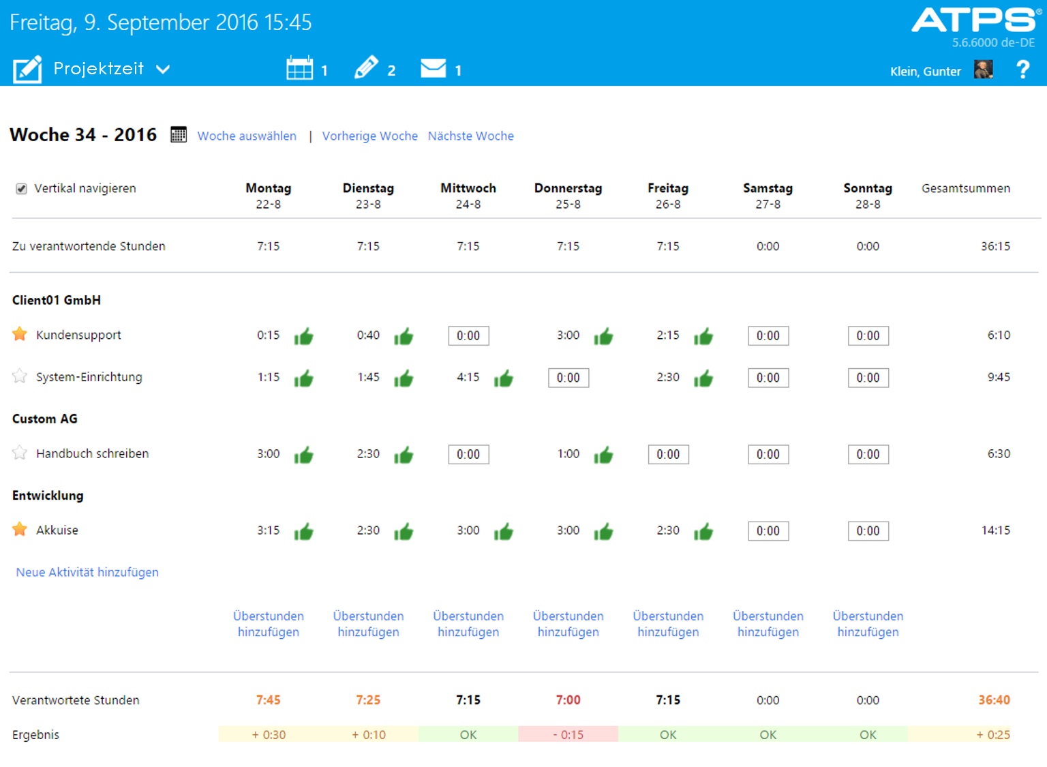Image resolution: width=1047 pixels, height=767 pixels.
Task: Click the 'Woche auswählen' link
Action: (x=247, y=136)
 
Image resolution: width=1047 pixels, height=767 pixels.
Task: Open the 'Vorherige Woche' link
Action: (x=369, y=136)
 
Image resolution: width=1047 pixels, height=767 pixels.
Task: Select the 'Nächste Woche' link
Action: (x=470, y=136)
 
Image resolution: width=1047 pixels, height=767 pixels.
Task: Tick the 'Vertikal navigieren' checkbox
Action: (x=22, y=189)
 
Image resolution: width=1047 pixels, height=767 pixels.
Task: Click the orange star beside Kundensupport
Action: (x=20, y=334)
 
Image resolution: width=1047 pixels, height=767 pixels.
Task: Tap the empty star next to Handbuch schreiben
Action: (x=20, y=453)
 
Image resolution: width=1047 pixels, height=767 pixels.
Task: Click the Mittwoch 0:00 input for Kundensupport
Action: (x=468, y=335)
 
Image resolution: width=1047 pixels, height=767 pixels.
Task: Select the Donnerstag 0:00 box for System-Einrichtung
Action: (x=568, y=378)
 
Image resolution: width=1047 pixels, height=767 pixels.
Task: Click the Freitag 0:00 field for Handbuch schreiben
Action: (x=668, y=454)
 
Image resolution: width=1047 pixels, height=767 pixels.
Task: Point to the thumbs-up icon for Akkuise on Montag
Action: (x=303, y=531)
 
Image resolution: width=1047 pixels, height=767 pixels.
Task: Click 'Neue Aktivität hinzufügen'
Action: (x=87, y=572)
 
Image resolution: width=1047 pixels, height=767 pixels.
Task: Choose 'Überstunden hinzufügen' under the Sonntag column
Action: (x=868, y=624)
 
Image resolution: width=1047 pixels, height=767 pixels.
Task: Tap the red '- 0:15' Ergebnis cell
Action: (x=568, y=734)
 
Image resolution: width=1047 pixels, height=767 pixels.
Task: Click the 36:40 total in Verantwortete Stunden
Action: (x=994, y=700)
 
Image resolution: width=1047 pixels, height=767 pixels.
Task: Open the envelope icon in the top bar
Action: (x=433, y=69)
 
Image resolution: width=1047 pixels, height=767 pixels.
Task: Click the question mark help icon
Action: (x=1022, y=70)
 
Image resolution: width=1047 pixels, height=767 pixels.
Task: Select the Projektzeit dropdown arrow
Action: (x=163, y=70)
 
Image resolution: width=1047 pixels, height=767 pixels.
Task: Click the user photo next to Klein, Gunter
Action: (x=983, y=70)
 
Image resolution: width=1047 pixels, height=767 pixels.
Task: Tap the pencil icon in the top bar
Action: (x=366, y=68)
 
